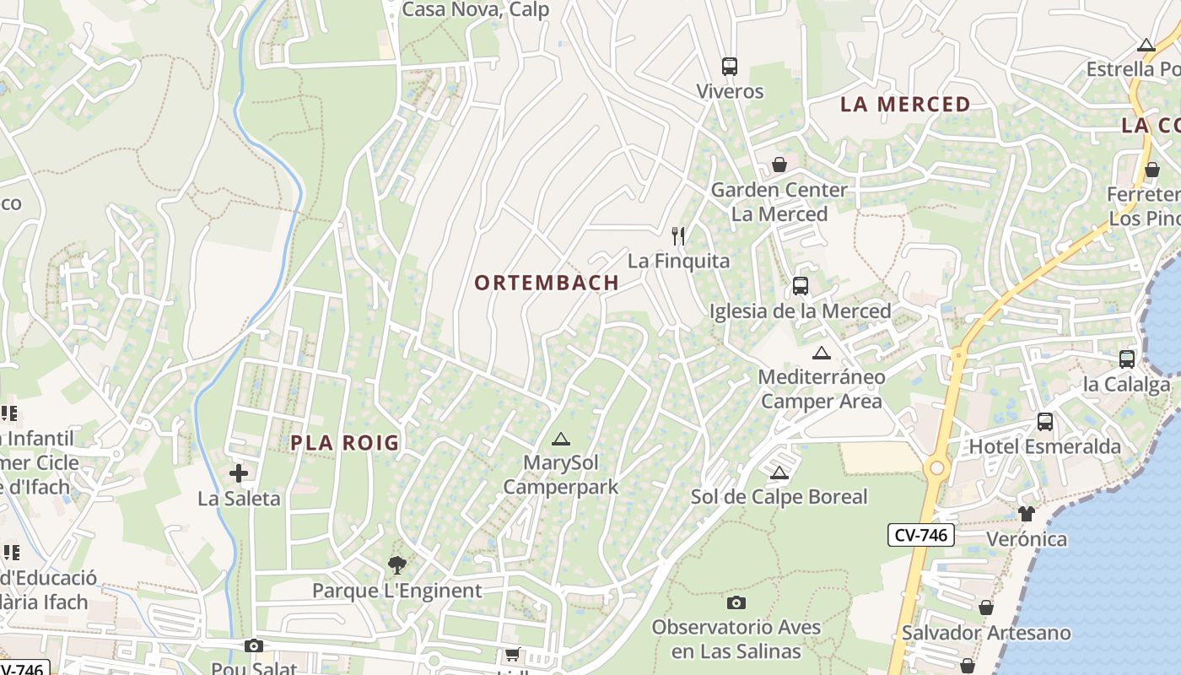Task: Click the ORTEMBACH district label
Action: (547, 283)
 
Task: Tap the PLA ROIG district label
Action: (344, 443)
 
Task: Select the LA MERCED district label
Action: (905, 105)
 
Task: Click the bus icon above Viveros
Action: (730, 67)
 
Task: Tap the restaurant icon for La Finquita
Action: (678, 235)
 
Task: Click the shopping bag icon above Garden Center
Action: (779, 165)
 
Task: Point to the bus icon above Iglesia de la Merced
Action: (801, 286)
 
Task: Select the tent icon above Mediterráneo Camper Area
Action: (821, 353)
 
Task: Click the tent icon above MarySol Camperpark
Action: (561, 439)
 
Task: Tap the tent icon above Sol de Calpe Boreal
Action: (779, 472)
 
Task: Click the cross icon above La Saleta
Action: (239, 473)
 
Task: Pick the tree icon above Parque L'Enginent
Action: (396, 565)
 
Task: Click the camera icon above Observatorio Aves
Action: (736, 602)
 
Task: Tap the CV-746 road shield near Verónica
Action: (920, 534)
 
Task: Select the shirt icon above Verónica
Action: (1026, 513)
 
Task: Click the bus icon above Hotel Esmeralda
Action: (1045, 422)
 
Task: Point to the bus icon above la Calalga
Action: (1127, 359)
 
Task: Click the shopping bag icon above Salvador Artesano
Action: (985, 607)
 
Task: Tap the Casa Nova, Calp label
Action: (476, 10)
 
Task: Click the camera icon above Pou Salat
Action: (253, 646)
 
